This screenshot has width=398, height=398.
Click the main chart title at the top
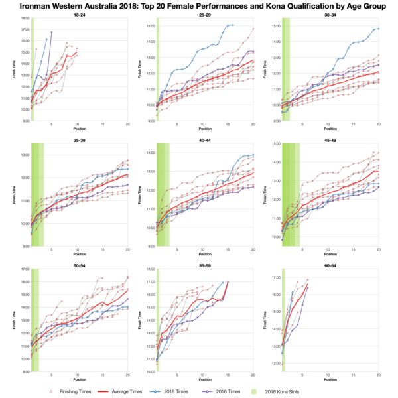[199, 6]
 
